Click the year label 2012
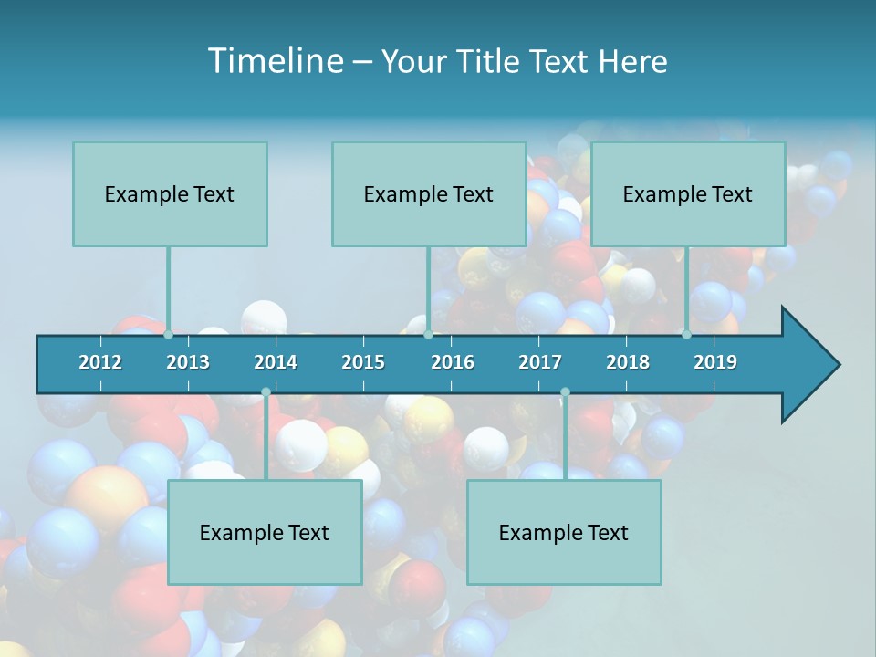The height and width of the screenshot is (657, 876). pyautogui.click(x=100, y=362)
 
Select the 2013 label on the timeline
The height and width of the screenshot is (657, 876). pyautogui.click(x=188, y=362)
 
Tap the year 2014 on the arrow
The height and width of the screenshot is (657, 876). pyautogui.click(x=276, y=362)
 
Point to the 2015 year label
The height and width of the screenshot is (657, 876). pyautogui.click(x=363, y=362)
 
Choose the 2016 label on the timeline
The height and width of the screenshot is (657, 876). pyautogui.click(x=453, y=362)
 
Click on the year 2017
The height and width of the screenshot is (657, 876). pyautogui.click(x=540, y=362)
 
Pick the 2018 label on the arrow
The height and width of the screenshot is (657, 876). pyautogui.click(x=628, y=362)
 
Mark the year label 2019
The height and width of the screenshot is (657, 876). pyautogui.click(x=715, y=362)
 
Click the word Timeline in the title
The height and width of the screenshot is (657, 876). pyautogui.click(x=275, y=61)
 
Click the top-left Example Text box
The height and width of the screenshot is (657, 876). pyautogui.click(x=170, y=193)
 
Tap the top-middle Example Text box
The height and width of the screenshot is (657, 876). pyautogui.click(x=429, y=193)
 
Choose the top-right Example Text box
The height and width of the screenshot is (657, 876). pyautogui.click(x=688, y=193)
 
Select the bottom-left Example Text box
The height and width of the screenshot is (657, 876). pyautogui.click(x=265, y=532)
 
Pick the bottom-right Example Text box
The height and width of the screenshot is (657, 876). pyautogui.click(x=564, y=532)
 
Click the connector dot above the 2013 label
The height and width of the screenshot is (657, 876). pyautogui.click(x=168, y=335)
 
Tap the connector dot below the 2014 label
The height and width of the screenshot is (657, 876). pyautogui.click(x=266, y=392)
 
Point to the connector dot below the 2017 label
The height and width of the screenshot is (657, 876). pyautogui.click(x=565, y=392)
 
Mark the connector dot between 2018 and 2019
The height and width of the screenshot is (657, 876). pyautogui.click(x=686, y=335)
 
